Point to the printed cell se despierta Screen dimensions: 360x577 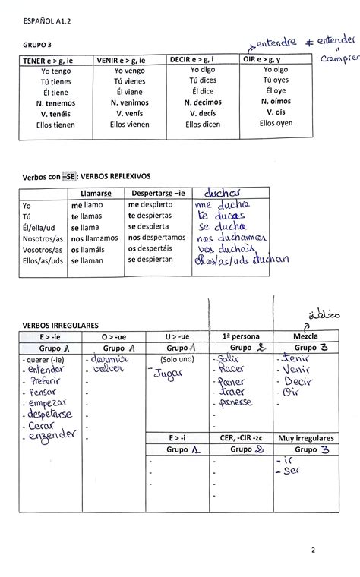148,226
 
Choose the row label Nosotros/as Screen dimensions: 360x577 43,238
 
